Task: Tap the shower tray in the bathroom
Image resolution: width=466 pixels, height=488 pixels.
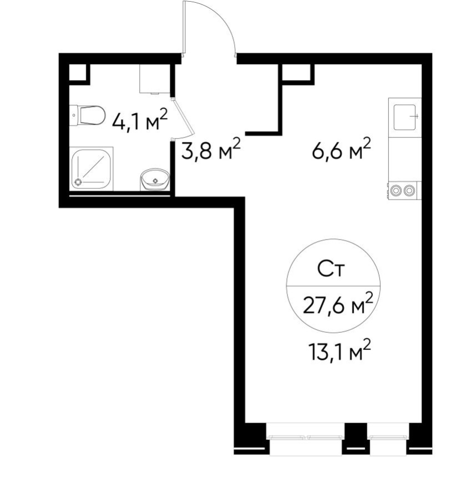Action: coord(92,169)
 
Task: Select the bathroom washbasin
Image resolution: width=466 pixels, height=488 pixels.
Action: coord(155,179)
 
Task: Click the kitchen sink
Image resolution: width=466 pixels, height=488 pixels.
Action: coord(405,117)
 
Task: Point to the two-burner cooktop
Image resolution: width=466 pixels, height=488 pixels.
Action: coord(403,190)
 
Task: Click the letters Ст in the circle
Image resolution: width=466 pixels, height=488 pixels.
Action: coord(331,270)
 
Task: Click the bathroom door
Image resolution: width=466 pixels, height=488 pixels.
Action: coord(184,118)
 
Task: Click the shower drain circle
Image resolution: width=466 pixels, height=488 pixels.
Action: coord(78,181)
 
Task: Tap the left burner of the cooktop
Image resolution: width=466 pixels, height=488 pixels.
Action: coord(396,190)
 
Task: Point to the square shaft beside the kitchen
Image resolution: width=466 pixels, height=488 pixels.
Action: coord(296,73)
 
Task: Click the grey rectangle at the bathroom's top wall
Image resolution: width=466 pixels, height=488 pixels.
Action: coord(154,79)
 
